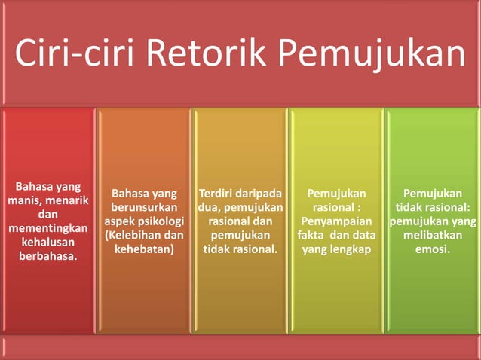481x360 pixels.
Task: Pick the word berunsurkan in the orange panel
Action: pos(144,206)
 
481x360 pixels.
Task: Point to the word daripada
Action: pos(259,192)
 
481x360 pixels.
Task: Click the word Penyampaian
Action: pos(335,221)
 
